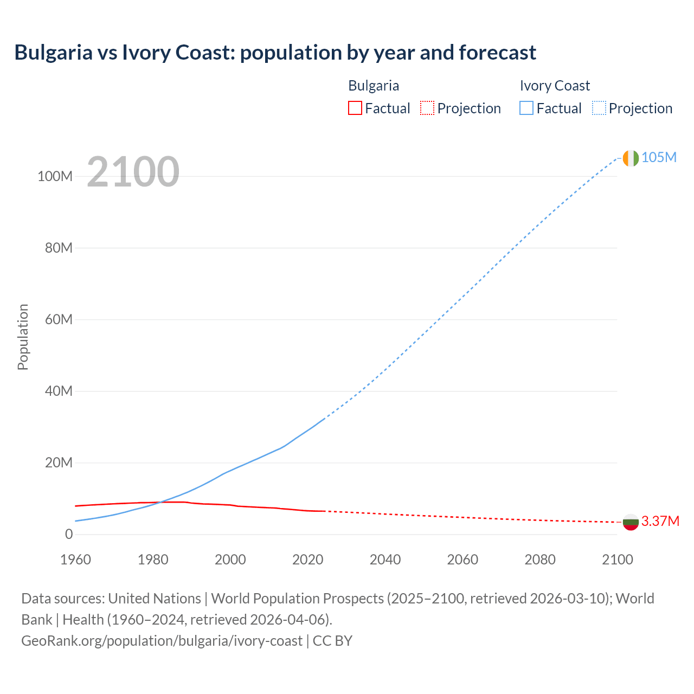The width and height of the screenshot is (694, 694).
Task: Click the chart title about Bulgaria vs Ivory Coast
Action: coord(275,53)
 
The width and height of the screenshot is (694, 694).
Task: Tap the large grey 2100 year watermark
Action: coord(133,171)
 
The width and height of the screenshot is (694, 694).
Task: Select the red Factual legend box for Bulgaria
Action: coord(355,108)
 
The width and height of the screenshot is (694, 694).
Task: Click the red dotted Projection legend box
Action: coord(427,108)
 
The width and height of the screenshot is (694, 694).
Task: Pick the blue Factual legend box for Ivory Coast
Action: coord(526,108)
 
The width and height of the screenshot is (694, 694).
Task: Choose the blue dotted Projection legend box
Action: coord(599,108)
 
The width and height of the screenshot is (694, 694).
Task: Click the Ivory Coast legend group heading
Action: coord(554,86)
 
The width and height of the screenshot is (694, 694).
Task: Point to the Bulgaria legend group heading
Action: coord(373,86)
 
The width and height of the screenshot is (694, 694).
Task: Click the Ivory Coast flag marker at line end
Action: coord(630,158)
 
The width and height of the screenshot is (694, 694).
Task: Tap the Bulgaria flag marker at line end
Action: coord(630,522)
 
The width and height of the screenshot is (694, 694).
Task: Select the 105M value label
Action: coord(659,157)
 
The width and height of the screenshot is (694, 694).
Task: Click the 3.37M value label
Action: coord(660,522)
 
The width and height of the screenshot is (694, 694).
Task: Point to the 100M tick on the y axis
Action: coord(55,176)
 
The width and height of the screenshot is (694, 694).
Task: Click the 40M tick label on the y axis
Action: coord(58,391)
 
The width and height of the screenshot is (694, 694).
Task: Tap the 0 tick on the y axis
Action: coord(68,534)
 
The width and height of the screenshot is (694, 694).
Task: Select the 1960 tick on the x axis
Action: coord(75,560)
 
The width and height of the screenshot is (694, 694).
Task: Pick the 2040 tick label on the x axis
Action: coord(385,560)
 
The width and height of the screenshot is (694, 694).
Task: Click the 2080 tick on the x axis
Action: coord(540,560)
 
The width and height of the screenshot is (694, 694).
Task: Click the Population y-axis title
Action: coord(23,337)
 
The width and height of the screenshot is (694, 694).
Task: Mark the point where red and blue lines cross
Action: coord(160,502)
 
